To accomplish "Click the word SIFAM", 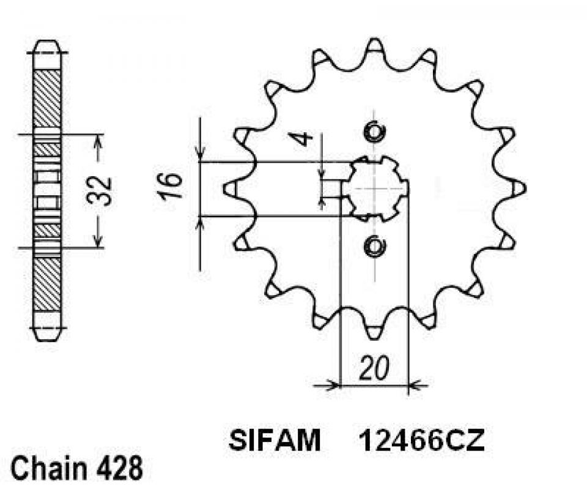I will pos(275,441).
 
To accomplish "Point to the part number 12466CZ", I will pos(422,441).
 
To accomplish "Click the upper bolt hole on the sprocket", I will pos(374,132).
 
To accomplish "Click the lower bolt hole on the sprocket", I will pos(374,247).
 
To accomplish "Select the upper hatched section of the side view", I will pos(48,98).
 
